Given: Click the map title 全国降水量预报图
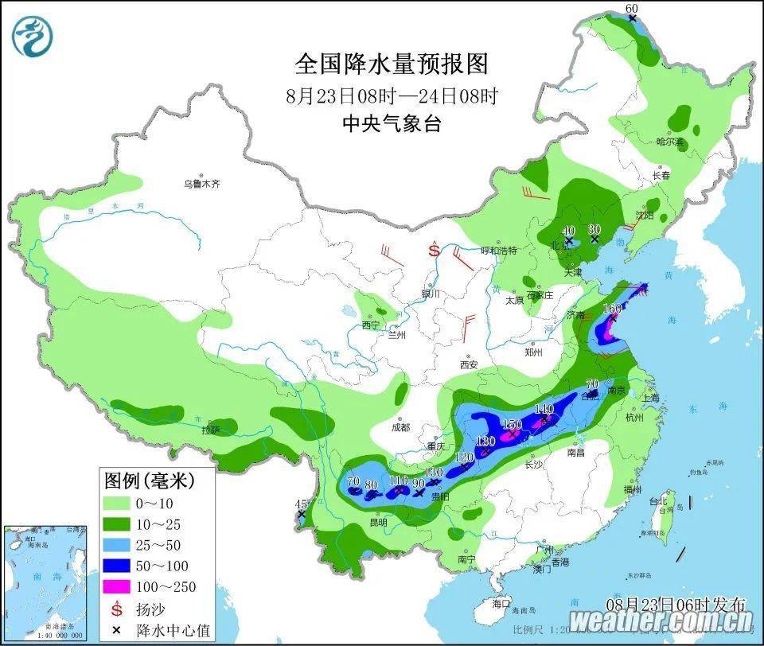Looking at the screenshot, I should [x=391, y=64].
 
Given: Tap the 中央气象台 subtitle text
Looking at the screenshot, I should [x=391, y=123].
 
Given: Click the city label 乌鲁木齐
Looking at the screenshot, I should [x=201, y=184].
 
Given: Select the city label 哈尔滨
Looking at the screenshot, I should [x=670, y=142].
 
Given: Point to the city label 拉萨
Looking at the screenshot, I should [x=210, y=430].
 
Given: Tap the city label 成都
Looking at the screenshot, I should [x=400, y=427].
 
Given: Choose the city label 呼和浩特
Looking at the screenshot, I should [x=499, y=251].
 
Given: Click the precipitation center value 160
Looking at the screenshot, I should [x=613, y=309].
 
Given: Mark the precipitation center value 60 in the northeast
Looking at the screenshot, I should [x=632, y=9].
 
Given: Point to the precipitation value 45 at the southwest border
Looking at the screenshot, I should [x=301, y=504].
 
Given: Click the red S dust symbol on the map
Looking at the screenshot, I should [x=435, y=251].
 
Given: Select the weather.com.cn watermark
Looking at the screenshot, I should [x=661, y=621].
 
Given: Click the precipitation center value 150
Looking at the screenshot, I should [x=512, y=425].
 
